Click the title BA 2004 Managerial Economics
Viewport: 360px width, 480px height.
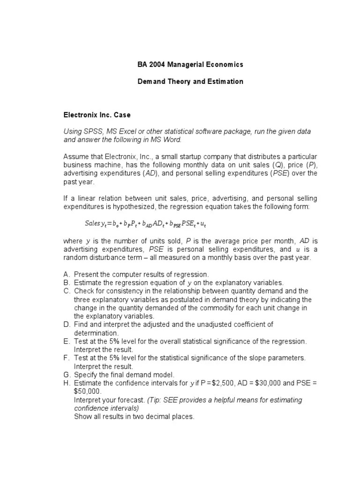(x=190, y=64)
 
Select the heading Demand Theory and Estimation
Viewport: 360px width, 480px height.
(x=190, y=82)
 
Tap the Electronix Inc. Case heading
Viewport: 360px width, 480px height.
(x=97, y=115)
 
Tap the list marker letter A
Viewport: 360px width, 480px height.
(x=66, y=274)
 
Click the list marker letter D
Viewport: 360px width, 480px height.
(x=66, y=325)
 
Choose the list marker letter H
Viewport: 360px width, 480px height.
(x=66, y=383)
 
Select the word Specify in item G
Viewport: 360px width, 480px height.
(x=85, y=375)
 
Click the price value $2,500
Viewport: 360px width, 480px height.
(x=223, y=383)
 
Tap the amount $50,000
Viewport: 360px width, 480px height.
(x=86, y=391)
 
